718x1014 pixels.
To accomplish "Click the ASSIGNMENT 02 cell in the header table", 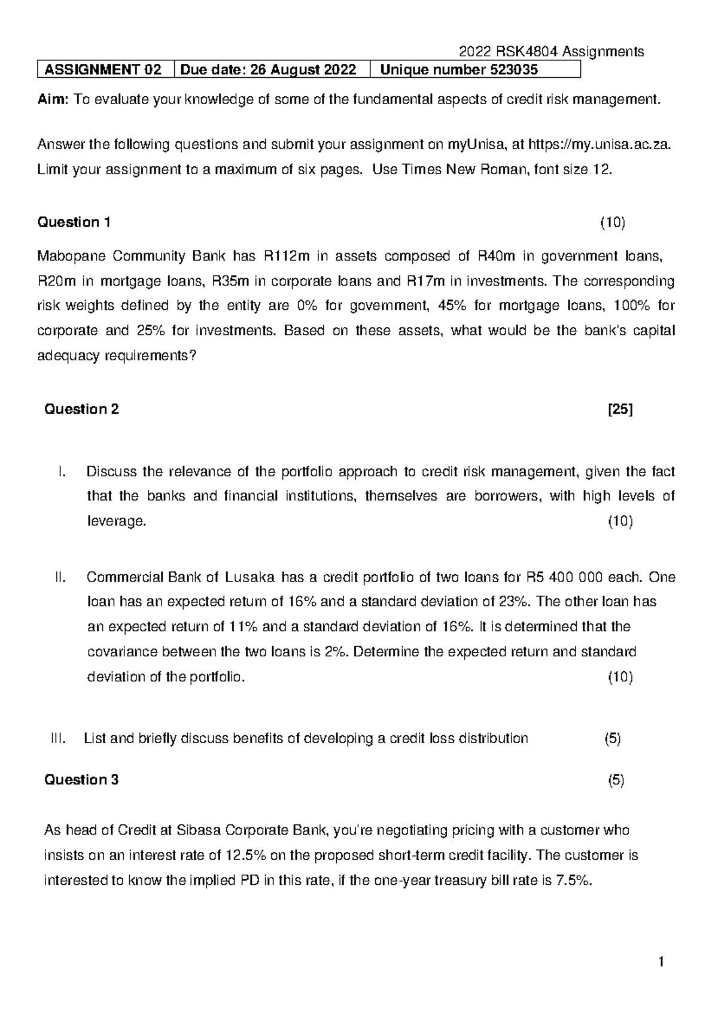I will tap(103, 70).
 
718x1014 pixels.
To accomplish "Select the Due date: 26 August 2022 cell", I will tap(268, 70).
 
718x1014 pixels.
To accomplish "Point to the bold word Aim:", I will tap(53, 100).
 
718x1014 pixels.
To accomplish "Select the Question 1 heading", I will tap(74, 223).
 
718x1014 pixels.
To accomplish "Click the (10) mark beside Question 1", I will tap(613, 223).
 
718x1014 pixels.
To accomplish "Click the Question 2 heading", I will tap(82, 409).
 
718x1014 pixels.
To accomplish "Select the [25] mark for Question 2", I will tap(620, 409).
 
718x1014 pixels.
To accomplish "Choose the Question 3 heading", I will tap(82, 779).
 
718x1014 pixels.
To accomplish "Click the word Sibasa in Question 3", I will tap(197, 830).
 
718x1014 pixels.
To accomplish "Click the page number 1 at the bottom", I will tap(661, 963).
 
